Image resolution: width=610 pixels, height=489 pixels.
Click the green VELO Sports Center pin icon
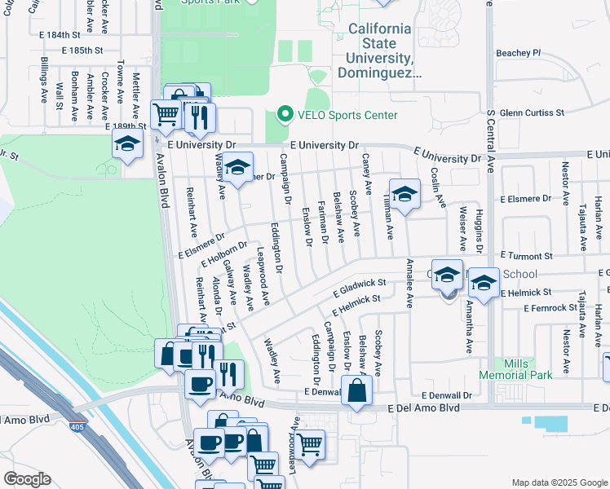point(285,115)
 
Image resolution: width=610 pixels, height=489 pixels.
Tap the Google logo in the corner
point(27,479)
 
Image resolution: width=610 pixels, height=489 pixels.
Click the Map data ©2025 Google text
point(559,482)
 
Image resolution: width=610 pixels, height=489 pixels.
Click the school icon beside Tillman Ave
point(404,195)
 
